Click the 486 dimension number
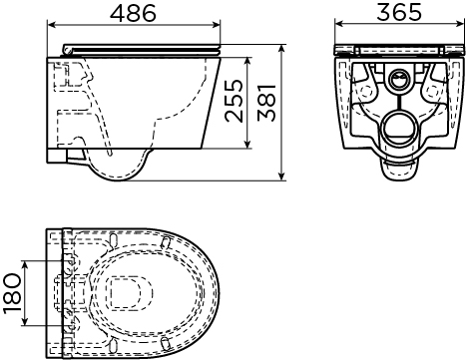pyautogui.click(x=133, y=13)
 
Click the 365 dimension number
pyautogui.click(x=399, y=12)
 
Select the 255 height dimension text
pyautogui.click(x=233, y=101)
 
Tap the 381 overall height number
pyautogui.click(x=266, y=103)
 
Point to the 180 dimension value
pyautogui.click(x=12, y=293)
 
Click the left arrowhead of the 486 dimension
pyautogui.click(x=52, y=24)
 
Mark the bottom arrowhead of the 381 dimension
pyautogui.click(x=281, y=177)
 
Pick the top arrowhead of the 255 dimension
pyautogui.click(x=246, y=62)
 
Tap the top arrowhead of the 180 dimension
pyautogui.click(x=25, y=265)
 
